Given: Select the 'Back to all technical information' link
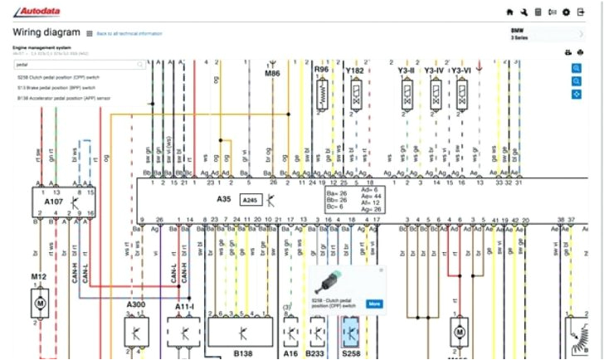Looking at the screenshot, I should click(x=129, y=33).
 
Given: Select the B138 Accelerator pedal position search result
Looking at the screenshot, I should click(x=63, y=97).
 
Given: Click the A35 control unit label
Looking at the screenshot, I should click(x=223, y=200).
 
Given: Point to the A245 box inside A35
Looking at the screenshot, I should click(x=250, y=200).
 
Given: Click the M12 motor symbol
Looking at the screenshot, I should click(x=39, y=304).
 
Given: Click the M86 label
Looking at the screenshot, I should click(x=273, y=74).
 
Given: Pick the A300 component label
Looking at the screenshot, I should click(x=136, y=306).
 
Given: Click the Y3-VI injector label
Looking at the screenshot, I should click(x=461, y=71).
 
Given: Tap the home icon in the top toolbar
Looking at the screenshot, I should click(x=509, y=12).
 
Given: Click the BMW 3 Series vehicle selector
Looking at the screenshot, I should click(x=548, y=34).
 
